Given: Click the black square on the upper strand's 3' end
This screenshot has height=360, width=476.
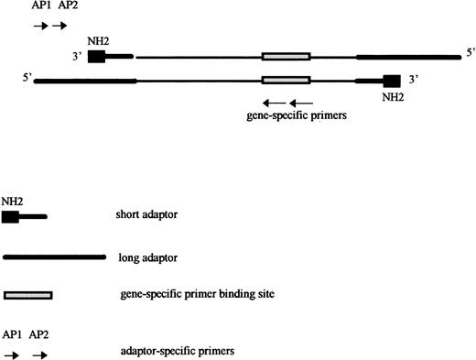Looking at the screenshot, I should coord(95,56).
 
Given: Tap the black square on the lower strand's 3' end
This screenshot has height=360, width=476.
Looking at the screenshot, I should coord(393,81).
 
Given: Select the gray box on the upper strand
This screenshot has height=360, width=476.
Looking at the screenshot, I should coord(286,57).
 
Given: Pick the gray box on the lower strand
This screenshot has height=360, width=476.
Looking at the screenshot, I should coord(286,80).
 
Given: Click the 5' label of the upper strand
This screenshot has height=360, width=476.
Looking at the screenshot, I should coord(470,53).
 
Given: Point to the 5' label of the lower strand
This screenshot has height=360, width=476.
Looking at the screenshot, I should coord(25,78).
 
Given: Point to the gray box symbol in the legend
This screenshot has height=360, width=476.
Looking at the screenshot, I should coord(28,295).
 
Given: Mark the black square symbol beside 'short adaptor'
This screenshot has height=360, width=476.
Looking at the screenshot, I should coord(11,217).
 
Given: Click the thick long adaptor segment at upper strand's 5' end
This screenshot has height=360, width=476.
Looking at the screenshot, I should coord(408,57).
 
